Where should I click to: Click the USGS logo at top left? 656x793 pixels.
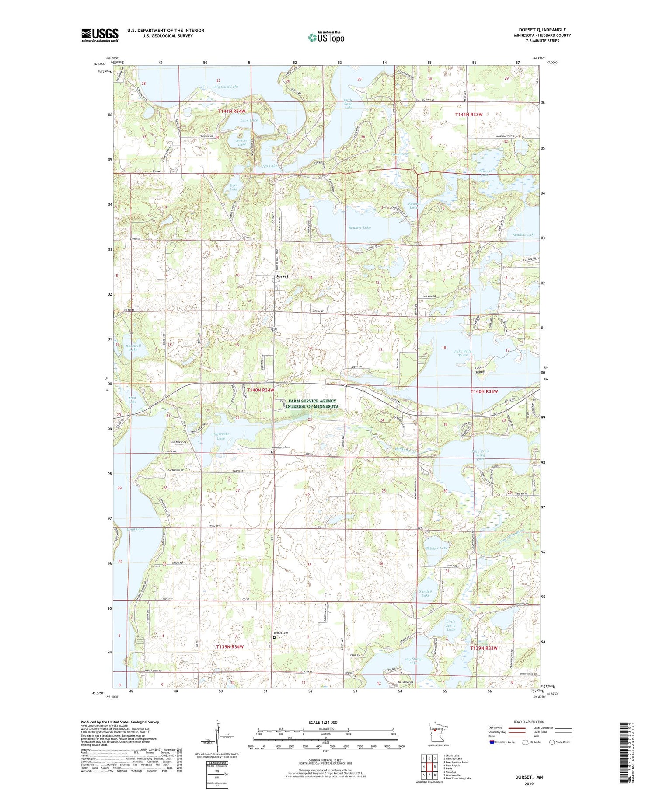(100, 35)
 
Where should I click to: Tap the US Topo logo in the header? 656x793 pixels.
(326, 38)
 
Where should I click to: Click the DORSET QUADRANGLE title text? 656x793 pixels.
(544, 30)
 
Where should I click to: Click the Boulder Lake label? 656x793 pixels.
(359, 227)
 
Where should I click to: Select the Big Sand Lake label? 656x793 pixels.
(226, 87)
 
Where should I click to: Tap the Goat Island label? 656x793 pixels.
(479, 370)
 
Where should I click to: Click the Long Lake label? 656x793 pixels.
(135, 529)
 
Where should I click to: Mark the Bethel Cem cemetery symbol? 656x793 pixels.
(274, 638)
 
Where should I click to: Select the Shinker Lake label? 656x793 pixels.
(436, 548)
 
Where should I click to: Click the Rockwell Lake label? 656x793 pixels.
(133, 348)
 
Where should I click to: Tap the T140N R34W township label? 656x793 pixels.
(261, 390)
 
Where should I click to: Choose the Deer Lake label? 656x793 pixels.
(234, 187)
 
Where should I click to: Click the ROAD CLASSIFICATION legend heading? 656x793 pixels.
(529, 722)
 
